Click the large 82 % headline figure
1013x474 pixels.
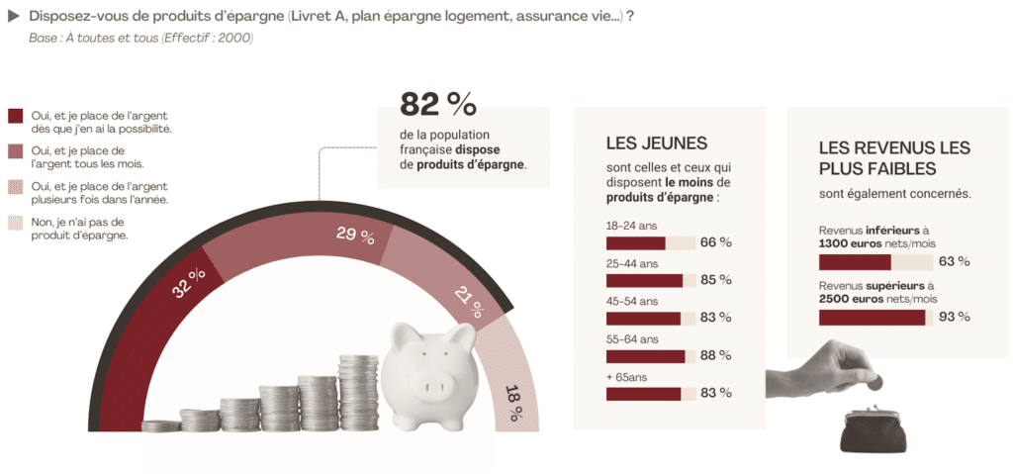coord(438,104)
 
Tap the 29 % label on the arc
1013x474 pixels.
coord(355,237)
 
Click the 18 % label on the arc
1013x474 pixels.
coord(513,403)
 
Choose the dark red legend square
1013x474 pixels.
coord(16,116)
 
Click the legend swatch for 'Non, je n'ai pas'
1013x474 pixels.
coord(16,223)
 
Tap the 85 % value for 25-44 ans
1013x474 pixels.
coord(716,281)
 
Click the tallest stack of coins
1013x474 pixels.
coord(358,393)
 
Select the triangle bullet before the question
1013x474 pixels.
coord(13,18)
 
